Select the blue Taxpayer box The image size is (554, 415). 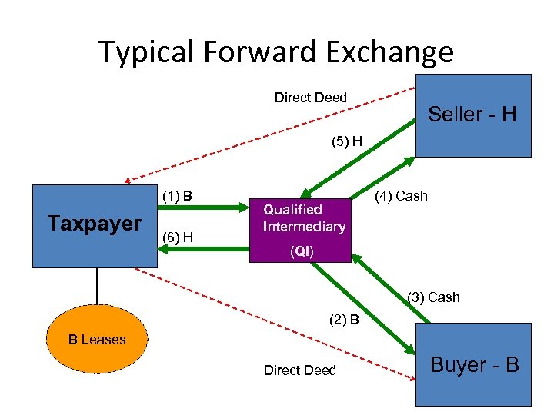94,225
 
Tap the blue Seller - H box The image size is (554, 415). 472,115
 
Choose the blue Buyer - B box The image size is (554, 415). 473,364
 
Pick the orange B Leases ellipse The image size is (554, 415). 97,340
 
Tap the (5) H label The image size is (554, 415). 346,141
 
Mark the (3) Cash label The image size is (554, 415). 433,297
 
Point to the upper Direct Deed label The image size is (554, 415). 311,98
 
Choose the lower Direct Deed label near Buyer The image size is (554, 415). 299,370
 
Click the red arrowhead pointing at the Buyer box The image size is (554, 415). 409,377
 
